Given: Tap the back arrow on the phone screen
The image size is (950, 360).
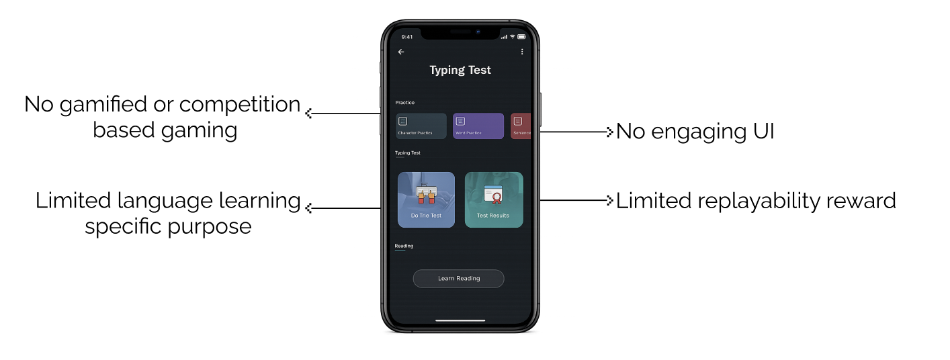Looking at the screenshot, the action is tap(401, 52).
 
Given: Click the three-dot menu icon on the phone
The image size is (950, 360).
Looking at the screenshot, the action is tap(522, 52).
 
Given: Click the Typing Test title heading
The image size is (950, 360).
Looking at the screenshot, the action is tap(460, 70).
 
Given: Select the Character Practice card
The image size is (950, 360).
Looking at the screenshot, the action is tap(421, 126).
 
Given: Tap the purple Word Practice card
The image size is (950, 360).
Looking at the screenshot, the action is tap(478, 126).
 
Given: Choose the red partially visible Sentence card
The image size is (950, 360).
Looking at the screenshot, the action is tap(520, 126).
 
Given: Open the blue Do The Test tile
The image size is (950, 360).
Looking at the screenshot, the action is tap(426, 199).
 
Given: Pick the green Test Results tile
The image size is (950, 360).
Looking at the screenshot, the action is tap(493, 199).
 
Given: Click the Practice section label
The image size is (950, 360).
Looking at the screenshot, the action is tap(404, 103).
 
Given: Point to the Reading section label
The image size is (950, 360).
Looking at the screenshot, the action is tap(404, 246).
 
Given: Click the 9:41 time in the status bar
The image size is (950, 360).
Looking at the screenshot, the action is tap(407, 37).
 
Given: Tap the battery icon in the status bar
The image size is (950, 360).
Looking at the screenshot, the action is tap(521, 36).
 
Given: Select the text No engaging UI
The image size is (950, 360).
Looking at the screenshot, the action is tap(695, 132).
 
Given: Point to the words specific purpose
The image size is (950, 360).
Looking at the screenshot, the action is tap(168, 226).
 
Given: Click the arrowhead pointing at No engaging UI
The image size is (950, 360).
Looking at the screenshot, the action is tap(610, 132).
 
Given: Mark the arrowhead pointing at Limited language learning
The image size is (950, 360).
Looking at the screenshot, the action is tap(309, 208).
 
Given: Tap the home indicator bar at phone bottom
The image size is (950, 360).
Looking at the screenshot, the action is tap(460, 320).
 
